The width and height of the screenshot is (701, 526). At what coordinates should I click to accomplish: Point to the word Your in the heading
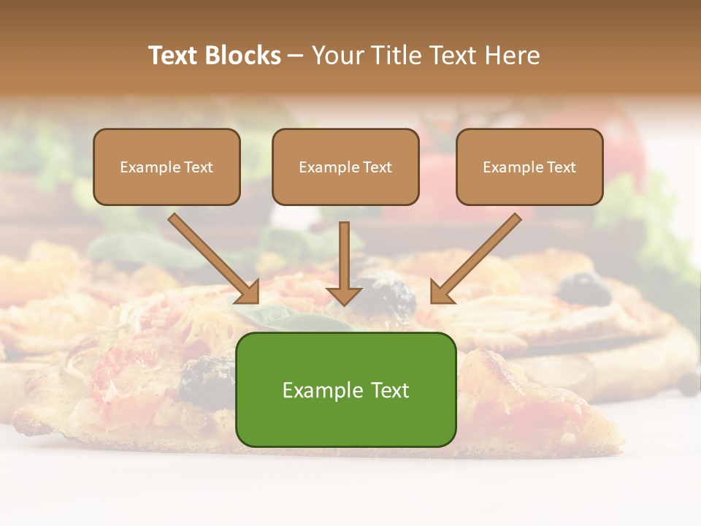[337, 56]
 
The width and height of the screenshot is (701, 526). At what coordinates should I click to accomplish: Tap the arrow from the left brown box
[212, 256]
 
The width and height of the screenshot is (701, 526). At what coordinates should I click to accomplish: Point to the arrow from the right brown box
[478, 256]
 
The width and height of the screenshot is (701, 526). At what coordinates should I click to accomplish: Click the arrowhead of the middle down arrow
[344, 295]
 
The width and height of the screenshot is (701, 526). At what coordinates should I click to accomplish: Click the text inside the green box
[346, 390]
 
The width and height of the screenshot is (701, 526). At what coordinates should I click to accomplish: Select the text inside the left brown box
[166, 167]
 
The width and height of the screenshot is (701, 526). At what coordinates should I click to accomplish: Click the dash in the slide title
[296, 56]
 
